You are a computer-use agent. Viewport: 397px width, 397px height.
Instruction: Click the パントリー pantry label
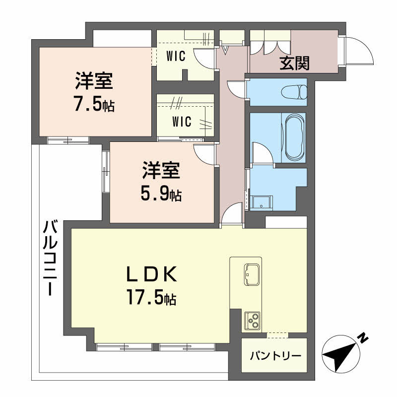pyautogui.click(x=274, y=356)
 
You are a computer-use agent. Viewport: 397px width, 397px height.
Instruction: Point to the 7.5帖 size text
pyautogui.click(x=94, y=105)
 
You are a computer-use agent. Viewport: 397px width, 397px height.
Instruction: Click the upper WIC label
pyautogui.click(x=176, y=56)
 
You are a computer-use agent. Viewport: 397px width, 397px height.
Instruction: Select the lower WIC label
pyautogui.click(x=182, y=121)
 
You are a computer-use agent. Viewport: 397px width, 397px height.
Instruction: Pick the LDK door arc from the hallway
pyautogui.click(x=231, y=217)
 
